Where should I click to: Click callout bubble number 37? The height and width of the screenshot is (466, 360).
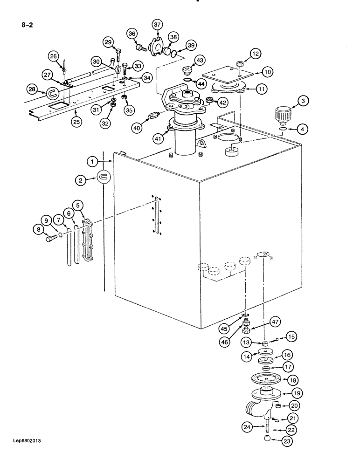coord(157,25)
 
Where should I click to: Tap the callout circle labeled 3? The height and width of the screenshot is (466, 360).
coord(303,100)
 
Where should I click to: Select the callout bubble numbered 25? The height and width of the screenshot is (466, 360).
coord(76,122)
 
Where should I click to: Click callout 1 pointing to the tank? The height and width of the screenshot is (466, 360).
coord(93,161)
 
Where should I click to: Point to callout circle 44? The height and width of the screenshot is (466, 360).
coord(201,83)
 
